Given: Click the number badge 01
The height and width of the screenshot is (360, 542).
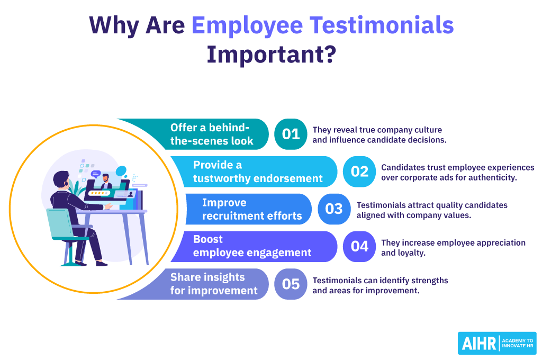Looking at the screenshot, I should (x=291, y=134).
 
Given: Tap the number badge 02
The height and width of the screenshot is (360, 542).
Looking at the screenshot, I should (x=359, y=172).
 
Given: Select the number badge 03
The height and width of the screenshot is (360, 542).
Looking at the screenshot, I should (x=334, y=209).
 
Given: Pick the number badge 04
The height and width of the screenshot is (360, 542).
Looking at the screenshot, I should (x=359, y=247).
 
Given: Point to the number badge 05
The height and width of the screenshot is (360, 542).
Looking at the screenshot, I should (x=291, y=284).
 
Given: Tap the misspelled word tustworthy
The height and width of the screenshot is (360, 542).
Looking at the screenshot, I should (x=216, y=178).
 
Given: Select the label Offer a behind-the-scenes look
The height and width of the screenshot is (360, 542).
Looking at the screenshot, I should (x=212, y=134).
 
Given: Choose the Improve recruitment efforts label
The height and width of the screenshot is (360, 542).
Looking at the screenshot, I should (x=251, y=209).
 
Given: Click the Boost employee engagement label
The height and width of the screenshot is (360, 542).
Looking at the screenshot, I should (x=252, y=247).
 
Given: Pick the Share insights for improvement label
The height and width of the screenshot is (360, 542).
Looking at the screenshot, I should (x=214, y=284).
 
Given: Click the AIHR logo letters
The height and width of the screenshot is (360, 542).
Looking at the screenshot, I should (x=478, y=343).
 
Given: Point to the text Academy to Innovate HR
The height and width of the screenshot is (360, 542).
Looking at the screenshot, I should (x=517, y=343).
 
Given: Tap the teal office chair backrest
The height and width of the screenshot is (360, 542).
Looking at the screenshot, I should (x=58, y=222).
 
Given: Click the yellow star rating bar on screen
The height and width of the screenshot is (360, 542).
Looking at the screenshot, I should (x=99, y=194).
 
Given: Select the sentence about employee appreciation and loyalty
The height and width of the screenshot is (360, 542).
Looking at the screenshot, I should (x=453, y=247).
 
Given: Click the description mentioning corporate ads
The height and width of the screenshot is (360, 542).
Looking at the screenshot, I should (x=457, y=172).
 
